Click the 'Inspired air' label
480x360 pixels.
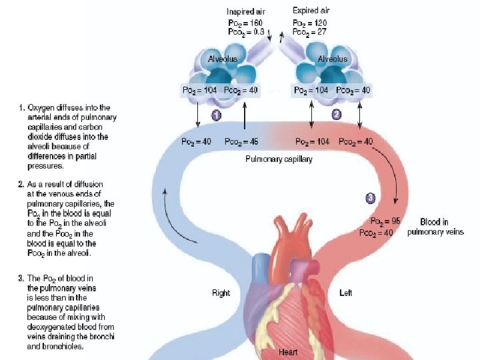[246, 11]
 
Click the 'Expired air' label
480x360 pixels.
[311, 11]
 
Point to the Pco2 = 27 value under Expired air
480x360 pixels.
[310, 31]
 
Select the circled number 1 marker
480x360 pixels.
[216, 115]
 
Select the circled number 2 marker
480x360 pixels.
[337, 115]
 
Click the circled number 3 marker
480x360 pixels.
[371, 197]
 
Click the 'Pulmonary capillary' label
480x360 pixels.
[279, 159]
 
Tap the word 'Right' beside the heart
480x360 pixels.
[221, 293]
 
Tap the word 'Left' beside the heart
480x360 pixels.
[345, 293]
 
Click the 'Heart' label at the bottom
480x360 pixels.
[288, 352]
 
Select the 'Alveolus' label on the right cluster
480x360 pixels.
[332, 59]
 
